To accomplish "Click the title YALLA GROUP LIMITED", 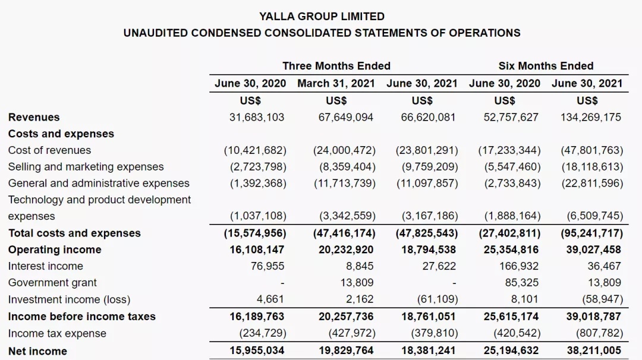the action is (322, 17).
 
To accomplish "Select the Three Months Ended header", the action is (336, 66).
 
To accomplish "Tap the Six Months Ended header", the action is (546, 66).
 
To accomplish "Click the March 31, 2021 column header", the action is (336, 83).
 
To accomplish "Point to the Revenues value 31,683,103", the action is (257, 118).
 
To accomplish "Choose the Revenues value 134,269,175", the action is (591, 118).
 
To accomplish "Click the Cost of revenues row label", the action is (49, 150).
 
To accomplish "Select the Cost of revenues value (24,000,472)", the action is (344, 150).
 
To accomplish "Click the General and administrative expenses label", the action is (99, 184).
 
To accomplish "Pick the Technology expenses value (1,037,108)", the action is (258, 216).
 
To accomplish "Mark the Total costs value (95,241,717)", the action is (592, 233).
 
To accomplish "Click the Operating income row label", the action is (55, 250).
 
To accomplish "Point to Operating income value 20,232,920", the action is (346, 250).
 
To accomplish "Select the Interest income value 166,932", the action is (519, 266).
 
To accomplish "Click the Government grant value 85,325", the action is (522, 283).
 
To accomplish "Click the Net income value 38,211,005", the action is (594, 350).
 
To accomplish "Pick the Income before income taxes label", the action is (82, 317).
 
